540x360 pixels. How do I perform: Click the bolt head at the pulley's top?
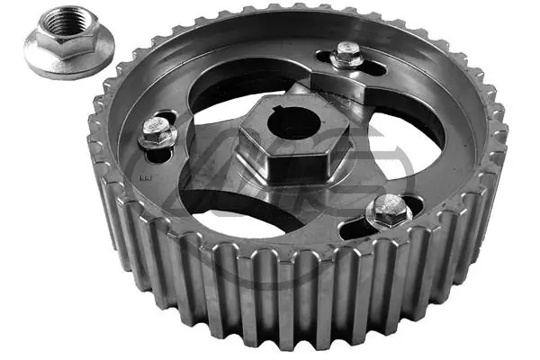click(347, 56)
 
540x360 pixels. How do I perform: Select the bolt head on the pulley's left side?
click(156, 135)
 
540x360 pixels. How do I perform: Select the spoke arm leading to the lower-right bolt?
click(351, 193)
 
